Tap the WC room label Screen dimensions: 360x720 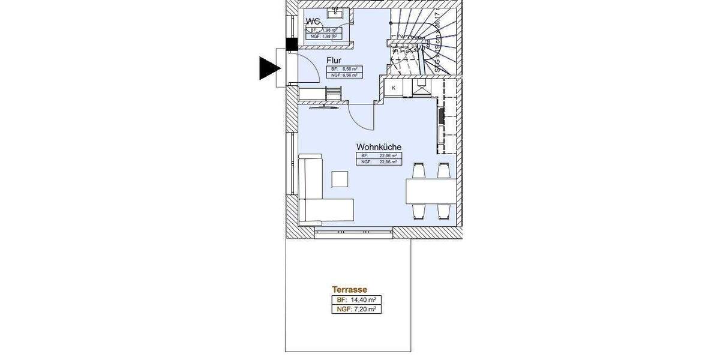coord(313,22)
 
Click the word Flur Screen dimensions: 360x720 coord(334,61)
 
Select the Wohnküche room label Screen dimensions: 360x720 coord(379,146)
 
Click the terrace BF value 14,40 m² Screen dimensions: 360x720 coord(356,300)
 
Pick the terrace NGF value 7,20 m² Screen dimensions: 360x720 coord(356,310)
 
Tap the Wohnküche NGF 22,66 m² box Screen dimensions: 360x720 coord(379,162)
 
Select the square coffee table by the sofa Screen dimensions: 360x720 coord(340,179)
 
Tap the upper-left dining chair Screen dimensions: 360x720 coord(419,171)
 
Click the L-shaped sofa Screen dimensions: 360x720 coord(318,198)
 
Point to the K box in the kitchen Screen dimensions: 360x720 coord(394,88)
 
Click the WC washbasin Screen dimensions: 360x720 coord(334,12)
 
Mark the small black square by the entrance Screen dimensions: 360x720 coord(292,44)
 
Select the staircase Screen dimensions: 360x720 coord(423,39)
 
